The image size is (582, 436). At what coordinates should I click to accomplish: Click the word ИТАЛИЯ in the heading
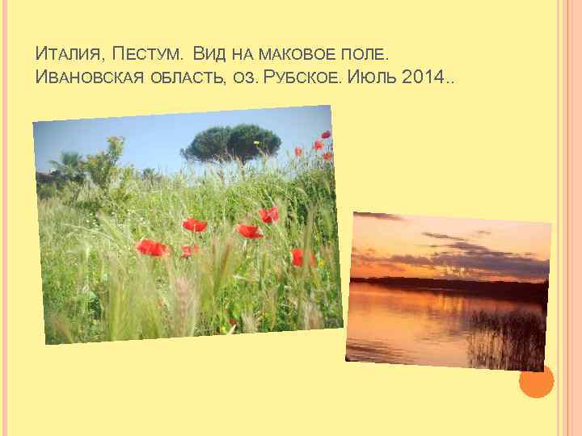coord(70,56)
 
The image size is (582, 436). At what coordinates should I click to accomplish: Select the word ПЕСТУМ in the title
coord(148,56)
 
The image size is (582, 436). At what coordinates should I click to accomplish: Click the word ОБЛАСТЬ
coord(188,79)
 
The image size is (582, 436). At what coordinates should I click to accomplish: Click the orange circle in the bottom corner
coord(536,381)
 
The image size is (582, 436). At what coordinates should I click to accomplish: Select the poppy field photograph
coord(186,226)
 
